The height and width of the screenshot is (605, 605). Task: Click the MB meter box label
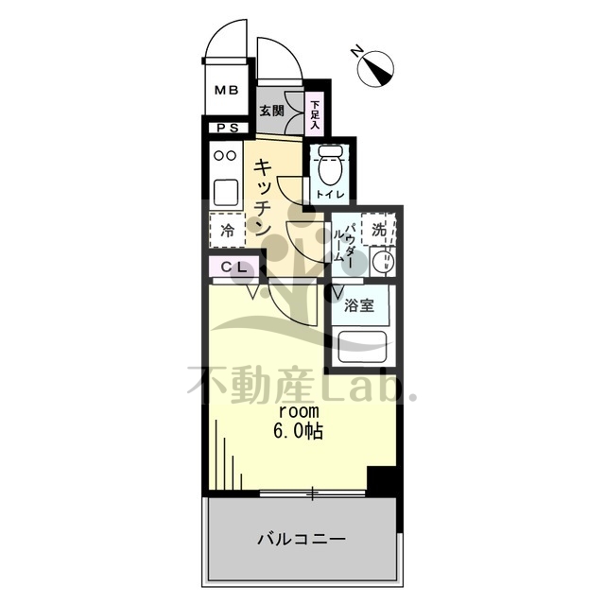(227, 91)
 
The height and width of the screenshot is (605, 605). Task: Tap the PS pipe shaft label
(228, 129)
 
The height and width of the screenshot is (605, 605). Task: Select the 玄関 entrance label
(271, 111)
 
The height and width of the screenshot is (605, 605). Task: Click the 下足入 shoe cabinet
(316, 114)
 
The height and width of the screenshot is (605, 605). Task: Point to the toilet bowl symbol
(329, 165)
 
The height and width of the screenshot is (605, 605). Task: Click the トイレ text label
(330, 195)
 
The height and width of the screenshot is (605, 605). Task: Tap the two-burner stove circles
(225, 155)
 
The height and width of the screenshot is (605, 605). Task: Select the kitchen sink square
(226, 193)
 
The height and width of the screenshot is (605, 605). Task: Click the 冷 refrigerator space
(227, 231)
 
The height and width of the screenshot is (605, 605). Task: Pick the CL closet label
(233, 267)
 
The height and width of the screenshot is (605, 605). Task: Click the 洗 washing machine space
(379, 230)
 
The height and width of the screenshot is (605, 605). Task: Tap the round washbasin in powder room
(383, 263)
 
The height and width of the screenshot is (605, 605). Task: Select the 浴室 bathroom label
(359, 305)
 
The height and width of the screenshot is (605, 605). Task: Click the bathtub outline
(362, 347)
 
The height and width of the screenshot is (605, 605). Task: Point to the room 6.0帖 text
(299, 422)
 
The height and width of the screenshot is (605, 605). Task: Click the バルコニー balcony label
(302, 539)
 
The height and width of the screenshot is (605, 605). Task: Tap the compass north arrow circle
(375, 68)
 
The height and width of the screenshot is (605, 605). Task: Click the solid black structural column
(381, 481)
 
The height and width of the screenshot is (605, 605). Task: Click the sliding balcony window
(312, 493)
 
